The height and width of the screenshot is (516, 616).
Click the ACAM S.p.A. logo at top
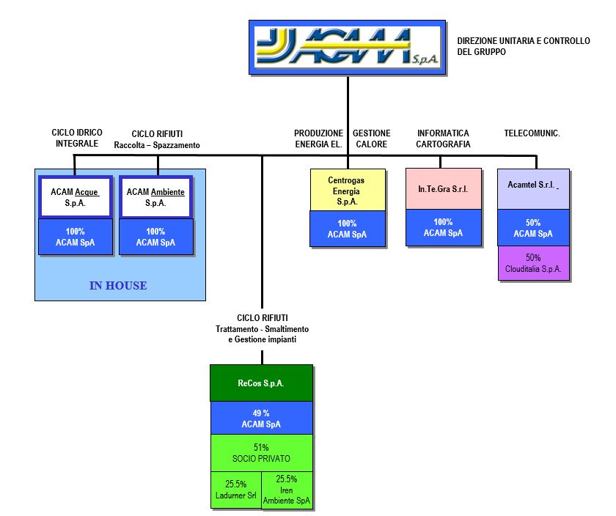pyautogui.click(x=348, y=48)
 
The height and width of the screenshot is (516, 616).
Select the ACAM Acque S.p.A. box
pyautogui.click(x=75, y=197)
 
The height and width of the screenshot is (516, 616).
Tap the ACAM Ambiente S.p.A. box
pyautogui.click(x=155, y=197)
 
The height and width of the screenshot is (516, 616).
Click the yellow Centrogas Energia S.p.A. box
pyautogui.click(x=346, y=191)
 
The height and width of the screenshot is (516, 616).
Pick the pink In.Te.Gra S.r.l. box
pyautogui.click(x=443, y=189)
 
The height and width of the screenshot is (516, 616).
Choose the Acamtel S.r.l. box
pyautogui.click(x=532, y=188)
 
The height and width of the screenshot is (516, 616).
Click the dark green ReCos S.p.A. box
pyautogui.click(x=261, y=383)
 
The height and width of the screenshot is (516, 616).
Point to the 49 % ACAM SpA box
pyautogui.click(x=261, y=419)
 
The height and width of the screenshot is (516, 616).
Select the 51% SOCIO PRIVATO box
pyautogui.click(x=261, y=453)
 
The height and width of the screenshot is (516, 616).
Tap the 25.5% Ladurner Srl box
pyautogui.click(x=235, y=490)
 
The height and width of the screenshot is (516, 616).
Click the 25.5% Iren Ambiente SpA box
pyautogui.click(x=287, y=490)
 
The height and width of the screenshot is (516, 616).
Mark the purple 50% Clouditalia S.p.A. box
pyautogui.click(x=533, y=263)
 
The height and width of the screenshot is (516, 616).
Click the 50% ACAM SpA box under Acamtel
pyautogui.click(x=533, y=228)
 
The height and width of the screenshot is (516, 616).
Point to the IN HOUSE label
pyautogui.click(x=118, y=286)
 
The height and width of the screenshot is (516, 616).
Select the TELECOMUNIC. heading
pyautogui.click(x=532, y=133)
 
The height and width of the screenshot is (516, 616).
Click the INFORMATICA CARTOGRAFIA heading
pyautogui.click(x=443, y=139)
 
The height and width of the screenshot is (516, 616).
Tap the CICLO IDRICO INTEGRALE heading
pyautogui.click(x=77, y=138)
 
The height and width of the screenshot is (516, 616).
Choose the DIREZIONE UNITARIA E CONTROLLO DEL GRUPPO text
pyautogui.click(x=523, y=47)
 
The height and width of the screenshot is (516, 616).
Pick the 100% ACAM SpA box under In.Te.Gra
pyautogui.click(x=443, y=228)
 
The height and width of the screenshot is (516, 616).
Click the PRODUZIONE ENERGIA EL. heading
pyautogui.click(x=318, y=139)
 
